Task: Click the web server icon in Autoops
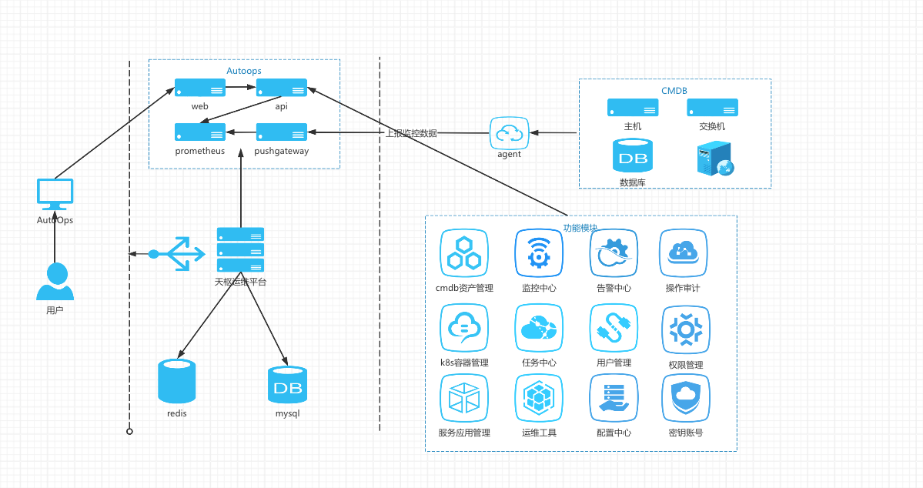click(x=200, y=88)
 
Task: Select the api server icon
click(x=282, y=88)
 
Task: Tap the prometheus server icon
click(x=200, y=132)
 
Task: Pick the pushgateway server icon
click(x=282, y=132)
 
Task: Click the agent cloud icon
click(x=509, y=133)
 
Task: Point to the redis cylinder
click(x=176, y=381)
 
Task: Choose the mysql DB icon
click(x=287, y=385)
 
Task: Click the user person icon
click(x=55, y=282)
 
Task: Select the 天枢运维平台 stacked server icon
click(x=240, y=249)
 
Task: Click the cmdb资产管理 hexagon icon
click(x=464, y=253)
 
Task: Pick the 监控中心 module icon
click(x=539, y=253)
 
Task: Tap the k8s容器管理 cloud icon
click(x=464, y=328)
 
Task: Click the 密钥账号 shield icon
click(x=685, y=398)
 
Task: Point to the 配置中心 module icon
click(x=614, y=398)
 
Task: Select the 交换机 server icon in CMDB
click(x=712, y=108)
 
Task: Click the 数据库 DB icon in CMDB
click(x=632, y=155)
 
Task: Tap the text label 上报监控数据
click(x=411, y=133)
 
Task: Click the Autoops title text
click(x=244, y=71)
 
